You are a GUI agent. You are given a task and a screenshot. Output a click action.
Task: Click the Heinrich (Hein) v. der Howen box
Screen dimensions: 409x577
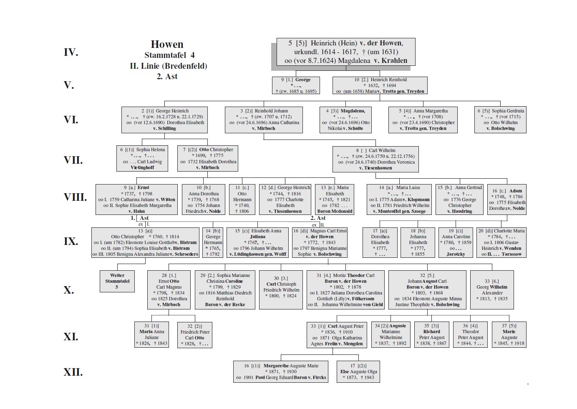coord(345,52)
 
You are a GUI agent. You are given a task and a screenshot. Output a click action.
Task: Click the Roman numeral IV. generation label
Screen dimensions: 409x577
coord(71,52)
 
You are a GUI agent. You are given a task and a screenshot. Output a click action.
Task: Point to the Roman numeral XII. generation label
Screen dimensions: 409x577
coord(73,372)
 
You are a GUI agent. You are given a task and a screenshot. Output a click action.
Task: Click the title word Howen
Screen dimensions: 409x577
coord(167,45)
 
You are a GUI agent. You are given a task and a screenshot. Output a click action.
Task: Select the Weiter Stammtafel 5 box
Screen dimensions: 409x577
coord(117,281)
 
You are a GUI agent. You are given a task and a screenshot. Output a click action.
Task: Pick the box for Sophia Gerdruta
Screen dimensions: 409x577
coord(500,120)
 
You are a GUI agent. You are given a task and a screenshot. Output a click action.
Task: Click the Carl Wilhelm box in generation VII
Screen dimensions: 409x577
coord(375,159)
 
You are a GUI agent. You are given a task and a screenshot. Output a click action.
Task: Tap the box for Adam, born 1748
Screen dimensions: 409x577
coord(506,200)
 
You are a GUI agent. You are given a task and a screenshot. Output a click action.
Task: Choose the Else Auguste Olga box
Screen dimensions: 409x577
coord(358,372)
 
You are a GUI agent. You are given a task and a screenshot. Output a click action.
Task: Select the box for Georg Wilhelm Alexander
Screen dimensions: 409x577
coord(492,290)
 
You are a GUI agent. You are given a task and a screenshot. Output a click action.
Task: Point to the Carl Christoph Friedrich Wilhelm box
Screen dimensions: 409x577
coord(281,290)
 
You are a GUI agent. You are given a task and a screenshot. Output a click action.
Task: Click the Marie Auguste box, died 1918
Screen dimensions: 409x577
coord(509,334)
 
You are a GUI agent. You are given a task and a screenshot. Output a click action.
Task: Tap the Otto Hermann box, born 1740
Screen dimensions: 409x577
coord(242,200)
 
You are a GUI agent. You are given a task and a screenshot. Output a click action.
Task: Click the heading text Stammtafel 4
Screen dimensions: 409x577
coord(169,55)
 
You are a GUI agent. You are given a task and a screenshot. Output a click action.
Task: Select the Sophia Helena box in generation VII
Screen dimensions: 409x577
coord(142,158)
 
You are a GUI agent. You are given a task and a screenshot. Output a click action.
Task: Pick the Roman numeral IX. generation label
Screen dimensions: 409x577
coord(71,242)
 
